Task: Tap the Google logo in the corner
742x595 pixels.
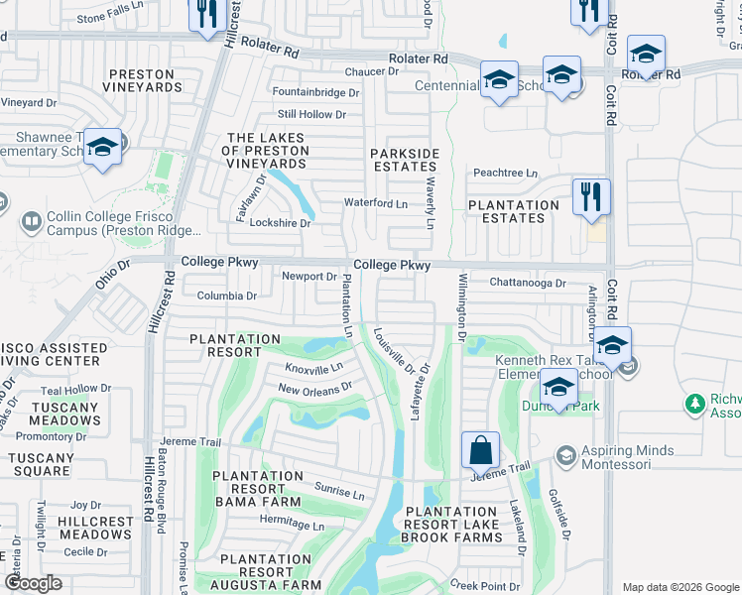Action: coord(34,583)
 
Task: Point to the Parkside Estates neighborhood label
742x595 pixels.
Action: coord(405,160)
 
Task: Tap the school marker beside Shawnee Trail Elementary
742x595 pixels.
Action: coord(102,147)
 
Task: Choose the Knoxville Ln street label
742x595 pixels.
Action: coord(313,367)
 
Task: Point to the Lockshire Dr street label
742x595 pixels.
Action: coord(280,223)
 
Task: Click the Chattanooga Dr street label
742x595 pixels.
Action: coord(528,283)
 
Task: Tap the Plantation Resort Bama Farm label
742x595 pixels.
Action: coord(256,489)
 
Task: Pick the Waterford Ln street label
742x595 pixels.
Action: coord(375,203)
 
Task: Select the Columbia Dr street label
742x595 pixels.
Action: coord(226,296)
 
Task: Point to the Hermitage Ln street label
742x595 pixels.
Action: coord(293,526)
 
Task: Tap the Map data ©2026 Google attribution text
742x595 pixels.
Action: coord(680,587)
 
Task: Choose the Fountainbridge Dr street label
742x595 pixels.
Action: coord(315,92)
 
